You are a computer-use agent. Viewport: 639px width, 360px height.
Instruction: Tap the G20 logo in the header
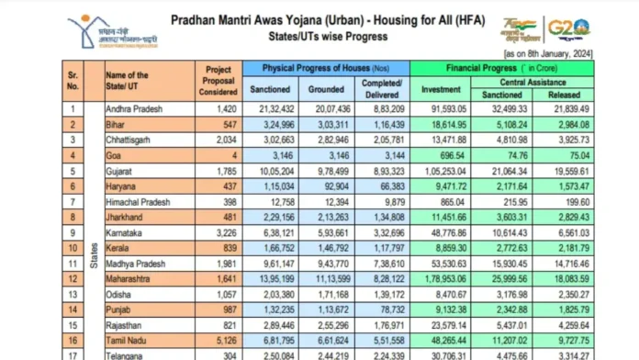click(x=595, y=28)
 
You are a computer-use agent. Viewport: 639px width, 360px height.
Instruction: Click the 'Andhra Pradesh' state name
click(x=134, y=108)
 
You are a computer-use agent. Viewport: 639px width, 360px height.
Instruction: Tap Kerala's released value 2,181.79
click(x=565, y=249)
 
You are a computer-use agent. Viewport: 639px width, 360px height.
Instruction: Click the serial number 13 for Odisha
click(x=71, y=294)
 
